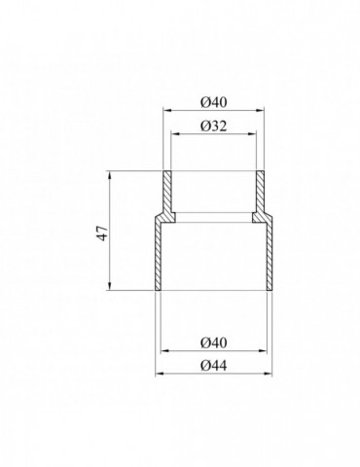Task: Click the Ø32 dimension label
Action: tap(213, 126)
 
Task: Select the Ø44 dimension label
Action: tap(213, 366)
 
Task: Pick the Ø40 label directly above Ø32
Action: tap(213, 103)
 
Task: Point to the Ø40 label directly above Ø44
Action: tap(213, 342)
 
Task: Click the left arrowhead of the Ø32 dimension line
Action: tap(175, 133)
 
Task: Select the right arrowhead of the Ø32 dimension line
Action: tap(252, 133)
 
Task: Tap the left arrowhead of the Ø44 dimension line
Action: tap(160, 374)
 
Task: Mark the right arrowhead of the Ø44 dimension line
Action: tap(268, 374)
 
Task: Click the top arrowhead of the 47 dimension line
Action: tap(110, 175)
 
